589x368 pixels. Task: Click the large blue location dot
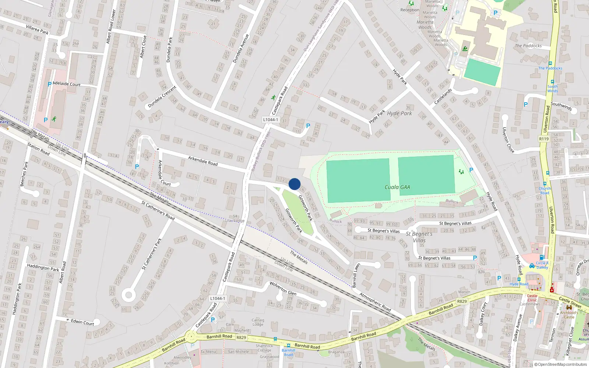(x=294, y=184)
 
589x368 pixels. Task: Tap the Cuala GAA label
(x=397, y=187)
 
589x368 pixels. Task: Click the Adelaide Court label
(x=67, y=84)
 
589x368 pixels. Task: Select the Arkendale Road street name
(x=203, y=161)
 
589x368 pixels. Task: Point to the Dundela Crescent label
(x=162, y=97)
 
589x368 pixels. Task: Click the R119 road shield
(x=544, y=139)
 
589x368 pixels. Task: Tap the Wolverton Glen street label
(x=283, y=288)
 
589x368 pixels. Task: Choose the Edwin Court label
(x=82, y=322)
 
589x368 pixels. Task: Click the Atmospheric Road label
(x=375, y=302)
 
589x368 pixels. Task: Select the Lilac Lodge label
(x=235, y=221)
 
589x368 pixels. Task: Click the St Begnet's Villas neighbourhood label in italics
(x=419, y=237)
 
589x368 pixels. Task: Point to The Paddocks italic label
(x=528, y=46)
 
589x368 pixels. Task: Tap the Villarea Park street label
(x=37, y=29)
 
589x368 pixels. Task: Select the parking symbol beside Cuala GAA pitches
(x=471, y=170)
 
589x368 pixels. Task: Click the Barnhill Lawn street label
(x=356, y=275)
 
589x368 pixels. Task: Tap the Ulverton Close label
(x=508, y=140)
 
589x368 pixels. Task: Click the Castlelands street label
(x=443, y=96)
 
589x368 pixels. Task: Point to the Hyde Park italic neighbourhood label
(x=399, y=113)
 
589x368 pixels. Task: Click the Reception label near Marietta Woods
(x=410, y=10)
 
